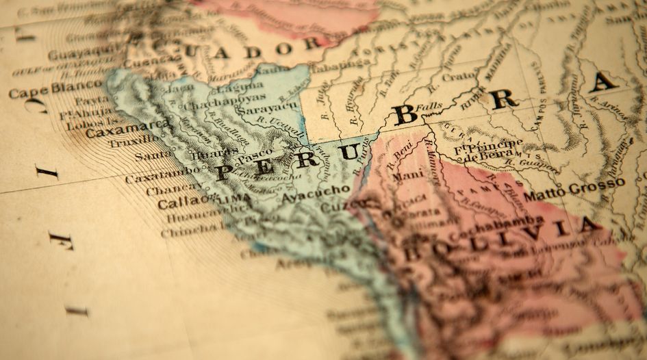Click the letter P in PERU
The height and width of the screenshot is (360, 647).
click(223, 172)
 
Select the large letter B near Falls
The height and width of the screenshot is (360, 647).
click(405, 114)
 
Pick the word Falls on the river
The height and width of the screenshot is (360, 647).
click(429, 107)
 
